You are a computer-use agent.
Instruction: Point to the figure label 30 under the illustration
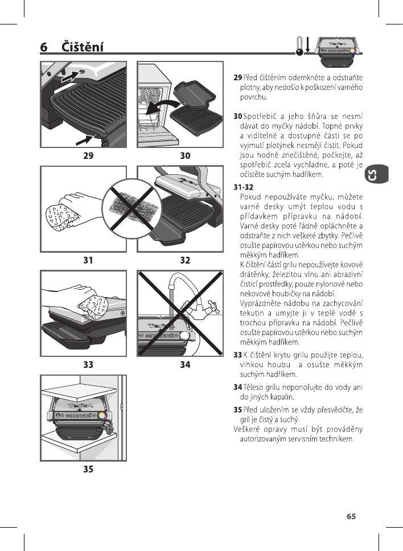click(185, 155)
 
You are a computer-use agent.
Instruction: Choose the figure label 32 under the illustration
click(185, 260)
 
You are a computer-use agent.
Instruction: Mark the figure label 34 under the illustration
click(185, 364)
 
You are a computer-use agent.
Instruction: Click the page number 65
click(351, 517)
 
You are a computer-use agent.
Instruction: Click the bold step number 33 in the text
click(238, 356)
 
